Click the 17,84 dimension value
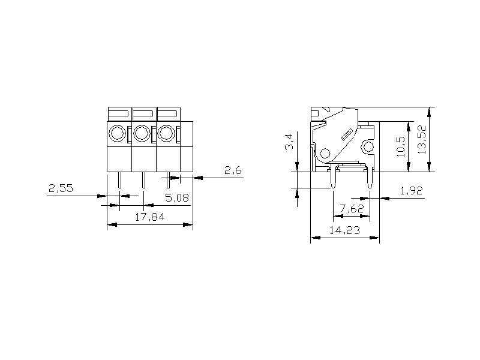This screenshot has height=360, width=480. tap(149, 217)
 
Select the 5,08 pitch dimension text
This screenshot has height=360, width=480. tap(177, 198)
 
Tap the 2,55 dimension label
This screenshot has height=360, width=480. tap(61, 188)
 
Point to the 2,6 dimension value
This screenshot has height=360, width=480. tap(233, 170)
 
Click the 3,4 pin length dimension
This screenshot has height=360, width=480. tap(289, 142)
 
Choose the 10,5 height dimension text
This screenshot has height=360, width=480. tap(400, 146)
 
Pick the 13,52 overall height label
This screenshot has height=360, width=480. tap(422, 140)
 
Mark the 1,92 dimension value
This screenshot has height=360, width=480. tap(412, 190)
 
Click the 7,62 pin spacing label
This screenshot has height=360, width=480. tap(352, 208)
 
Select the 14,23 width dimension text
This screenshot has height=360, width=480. tap(344, 230)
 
